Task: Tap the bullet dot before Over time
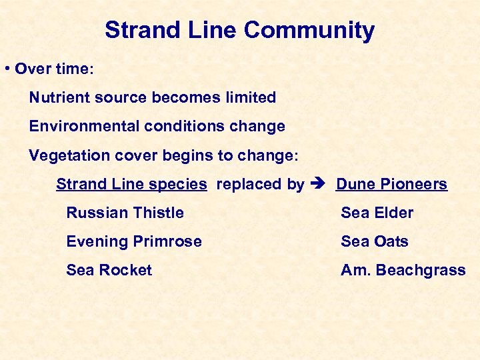6,69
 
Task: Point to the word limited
251,97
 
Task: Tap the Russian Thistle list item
125,213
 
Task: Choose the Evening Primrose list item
133,242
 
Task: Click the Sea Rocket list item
109,271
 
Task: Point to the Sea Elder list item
377,213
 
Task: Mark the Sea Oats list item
374,242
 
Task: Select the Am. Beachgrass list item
403,271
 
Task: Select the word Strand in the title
137,31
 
